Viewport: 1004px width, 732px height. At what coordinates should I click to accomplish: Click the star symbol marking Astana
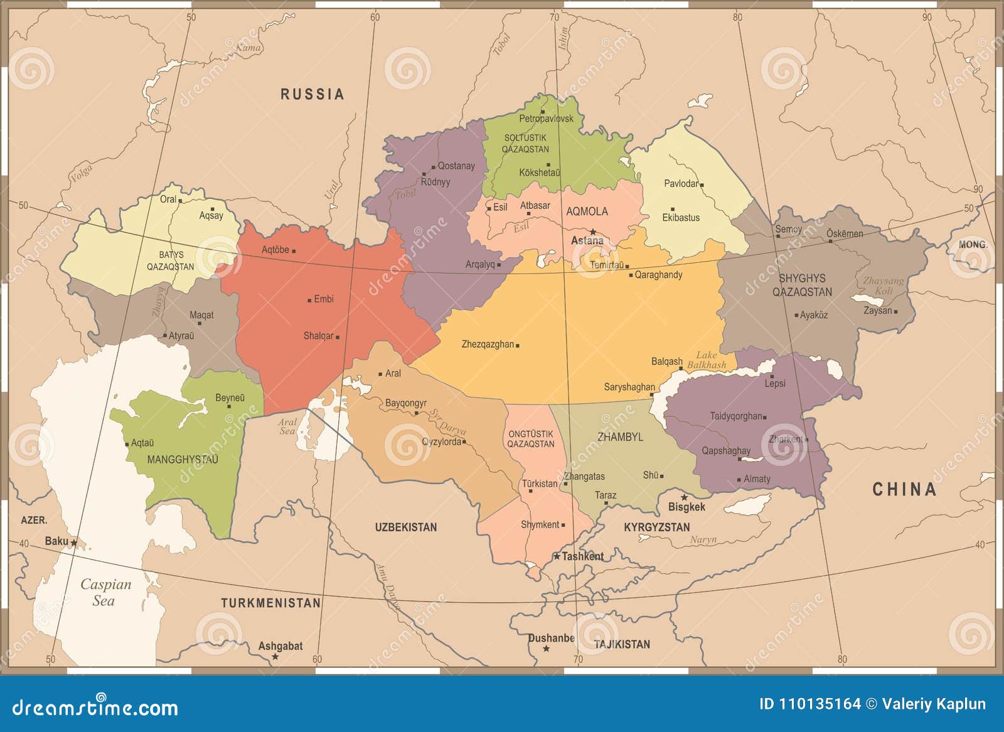coord(592,231)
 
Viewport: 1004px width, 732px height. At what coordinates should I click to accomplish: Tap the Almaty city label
coord(757,479)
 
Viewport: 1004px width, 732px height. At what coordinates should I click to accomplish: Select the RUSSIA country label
coord(312,94)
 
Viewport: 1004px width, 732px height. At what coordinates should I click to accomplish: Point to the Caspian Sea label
coord(105,592)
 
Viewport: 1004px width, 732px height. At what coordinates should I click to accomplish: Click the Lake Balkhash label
coord(707,359)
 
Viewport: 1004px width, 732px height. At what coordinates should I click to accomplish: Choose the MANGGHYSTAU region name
coord(183,459)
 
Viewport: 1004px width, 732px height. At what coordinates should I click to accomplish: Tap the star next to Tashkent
coord(557,556)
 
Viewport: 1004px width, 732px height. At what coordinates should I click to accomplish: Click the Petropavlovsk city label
coord(546,119)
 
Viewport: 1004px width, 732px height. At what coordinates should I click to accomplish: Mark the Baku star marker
coord(73,543)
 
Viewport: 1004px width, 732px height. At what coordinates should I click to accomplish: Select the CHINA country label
coord(904,489)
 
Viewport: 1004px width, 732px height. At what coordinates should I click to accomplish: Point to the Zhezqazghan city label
coord(488,344)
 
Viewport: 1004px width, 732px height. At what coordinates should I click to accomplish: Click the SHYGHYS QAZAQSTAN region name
coord(802,285)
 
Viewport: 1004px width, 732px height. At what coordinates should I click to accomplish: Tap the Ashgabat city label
coord(280,645)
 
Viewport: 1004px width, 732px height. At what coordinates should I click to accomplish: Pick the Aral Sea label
coord(287,427)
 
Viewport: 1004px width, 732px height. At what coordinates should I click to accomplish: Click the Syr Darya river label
coord(447,422)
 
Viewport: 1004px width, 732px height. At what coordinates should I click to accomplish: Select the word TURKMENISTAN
coord(270,603)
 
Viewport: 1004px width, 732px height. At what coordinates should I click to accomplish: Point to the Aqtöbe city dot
coord(294,251)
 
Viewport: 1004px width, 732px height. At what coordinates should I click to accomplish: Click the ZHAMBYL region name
coord(620,437)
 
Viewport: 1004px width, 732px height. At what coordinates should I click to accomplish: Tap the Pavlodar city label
coord(681,183)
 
